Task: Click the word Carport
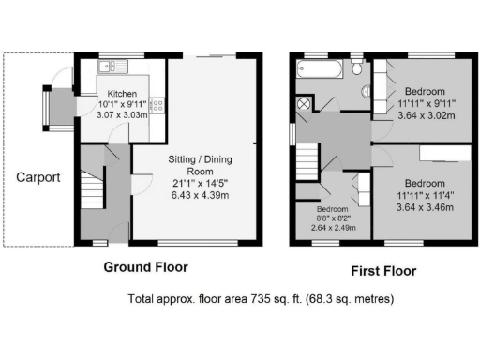pyautogui.click(x=37, y=176)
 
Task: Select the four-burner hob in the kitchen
pyautogui.click(x=157, y=106)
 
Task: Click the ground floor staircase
pyautogui.click(x=92, y=191)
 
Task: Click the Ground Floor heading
pyautogui.click(x=145, y=267)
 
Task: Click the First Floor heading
pyautogui.click(x=383, y=272)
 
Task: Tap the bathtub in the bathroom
pyautogui.click(x=322, y=68)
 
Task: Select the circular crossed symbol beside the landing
pyautogui.click(x=305, y=103)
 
